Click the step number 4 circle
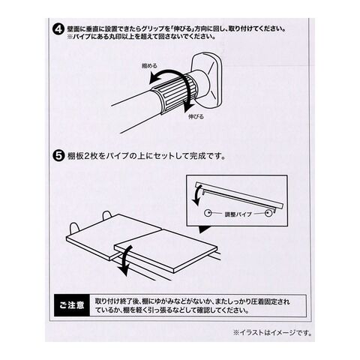58,30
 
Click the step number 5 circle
58,156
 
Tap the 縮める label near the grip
149,66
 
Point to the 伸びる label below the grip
196,116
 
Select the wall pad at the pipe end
206,80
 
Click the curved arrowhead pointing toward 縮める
154,80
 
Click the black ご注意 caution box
72,305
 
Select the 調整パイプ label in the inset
238,214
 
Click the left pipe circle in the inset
207,213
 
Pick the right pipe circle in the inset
268,214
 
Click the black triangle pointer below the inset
204,229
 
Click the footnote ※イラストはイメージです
272,333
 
